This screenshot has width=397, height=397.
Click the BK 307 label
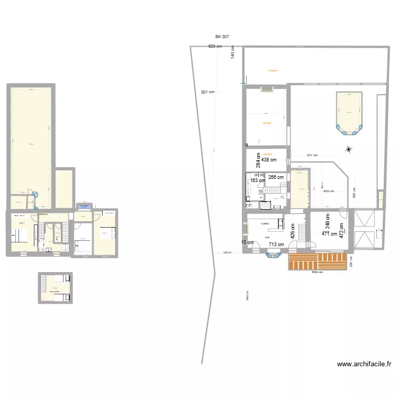(x=222, y=37)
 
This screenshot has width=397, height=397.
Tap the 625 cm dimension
(x=215, y=47)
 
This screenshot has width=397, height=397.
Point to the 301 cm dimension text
(x=207, y=92)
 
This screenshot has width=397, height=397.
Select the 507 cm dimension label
(x=312, y=155)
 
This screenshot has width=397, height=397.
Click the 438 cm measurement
(x=269, y=160)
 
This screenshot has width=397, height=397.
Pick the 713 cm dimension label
(x=276, y=245)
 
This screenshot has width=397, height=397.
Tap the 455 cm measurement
(x=329, y=191)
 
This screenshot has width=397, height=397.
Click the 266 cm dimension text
(x=276, y=177)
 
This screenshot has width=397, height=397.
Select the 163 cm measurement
(x=258, y=181)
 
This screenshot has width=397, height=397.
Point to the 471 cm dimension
(x=329, y=234)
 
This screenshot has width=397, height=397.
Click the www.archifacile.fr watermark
(x=364, y=364)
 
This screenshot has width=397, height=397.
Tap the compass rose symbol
(x=348, y=150)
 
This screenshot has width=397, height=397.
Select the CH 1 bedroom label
(x=22, y=223)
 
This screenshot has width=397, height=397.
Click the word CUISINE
(x=265, y=223)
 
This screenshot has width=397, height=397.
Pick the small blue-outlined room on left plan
(x=84, y=206)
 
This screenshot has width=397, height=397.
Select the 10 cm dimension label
(x=247, y=242)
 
